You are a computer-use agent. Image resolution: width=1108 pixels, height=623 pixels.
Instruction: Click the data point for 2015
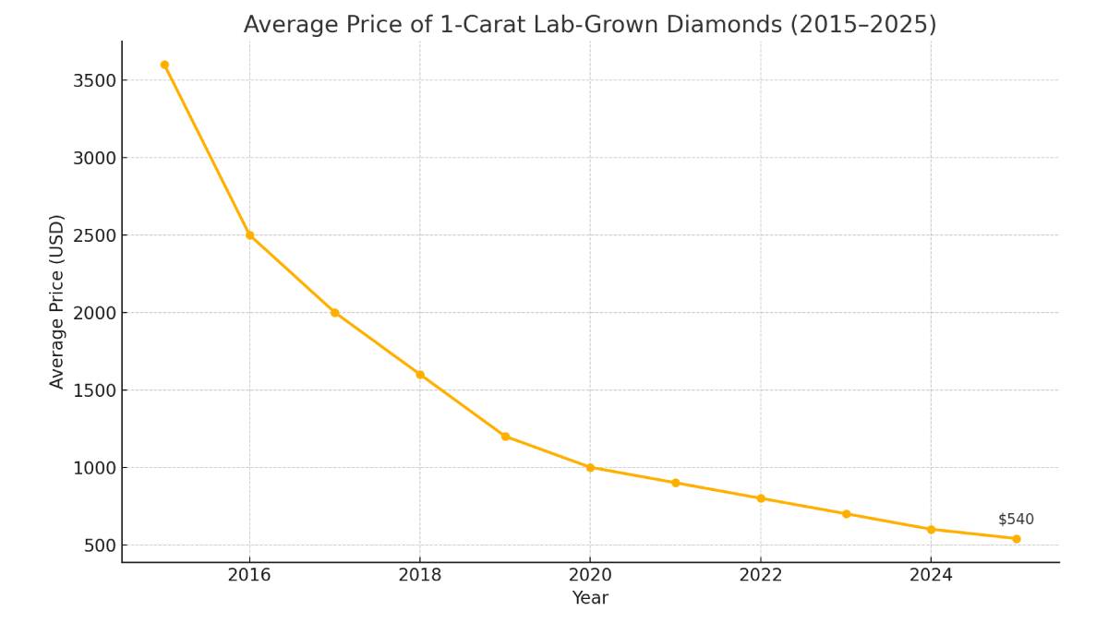[164, 65]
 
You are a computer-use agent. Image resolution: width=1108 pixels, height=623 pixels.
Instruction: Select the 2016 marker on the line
[249, 235]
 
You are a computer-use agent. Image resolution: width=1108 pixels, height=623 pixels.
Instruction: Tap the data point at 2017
[334, 313]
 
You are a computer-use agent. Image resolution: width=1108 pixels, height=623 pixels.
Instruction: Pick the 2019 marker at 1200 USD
[505, 437]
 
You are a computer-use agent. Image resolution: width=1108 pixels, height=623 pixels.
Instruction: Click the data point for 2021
[675, 483]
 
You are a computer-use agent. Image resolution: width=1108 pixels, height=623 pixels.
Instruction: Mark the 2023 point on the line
[846, 514]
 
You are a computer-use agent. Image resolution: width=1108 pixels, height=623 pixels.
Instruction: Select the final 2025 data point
[1016, 539]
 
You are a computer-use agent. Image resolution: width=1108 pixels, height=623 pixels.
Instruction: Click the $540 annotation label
[1016, 520]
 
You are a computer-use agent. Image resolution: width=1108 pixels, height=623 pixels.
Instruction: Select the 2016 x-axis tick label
[249, 576]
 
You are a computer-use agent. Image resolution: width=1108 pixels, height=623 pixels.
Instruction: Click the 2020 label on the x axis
[590, 576]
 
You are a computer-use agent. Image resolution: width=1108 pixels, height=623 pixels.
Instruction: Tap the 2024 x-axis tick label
[931, 576]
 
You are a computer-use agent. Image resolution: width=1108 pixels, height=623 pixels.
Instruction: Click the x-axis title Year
[590, 598]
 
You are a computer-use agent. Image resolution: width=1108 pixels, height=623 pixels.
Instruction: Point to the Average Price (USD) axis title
[57, 302]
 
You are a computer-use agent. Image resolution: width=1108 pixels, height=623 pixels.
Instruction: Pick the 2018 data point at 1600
[420, 375]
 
